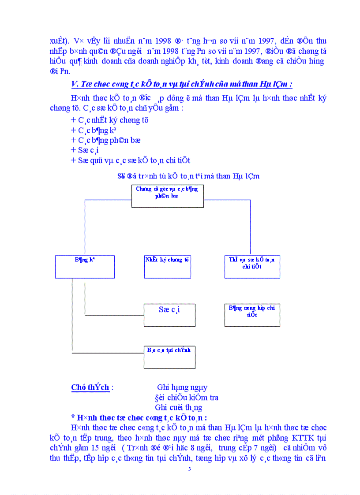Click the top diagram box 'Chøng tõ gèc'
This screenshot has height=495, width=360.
click(167, 196)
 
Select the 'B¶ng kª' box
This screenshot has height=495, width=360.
click(85, 267)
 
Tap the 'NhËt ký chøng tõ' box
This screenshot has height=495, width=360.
click(167, 267)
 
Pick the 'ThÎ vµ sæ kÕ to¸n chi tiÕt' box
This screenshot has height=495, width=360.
click(252, 267)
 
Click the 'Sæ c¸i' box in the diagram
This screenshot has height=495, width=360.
click(169, 315)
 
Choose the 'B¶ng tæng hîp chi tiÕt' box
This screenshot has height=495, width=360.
click(252, 315)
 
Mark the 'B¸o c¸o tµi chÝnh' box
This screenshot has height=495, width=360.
click(169, 357)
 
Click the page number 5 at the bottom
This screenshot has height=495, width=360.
click(189, 469)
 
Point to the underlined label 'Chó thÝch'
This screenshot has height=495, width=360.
click(90, 387)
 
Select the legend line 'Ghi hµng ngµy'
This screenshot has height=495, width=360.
click(182, 387)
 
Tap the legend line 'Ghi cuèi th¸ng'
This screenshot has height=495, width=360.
click(179, 407)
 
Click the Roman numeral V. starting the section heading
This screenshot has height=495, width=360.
click(75, 84)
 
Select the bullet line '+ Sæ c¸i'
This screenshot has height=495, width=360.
click(85, 150)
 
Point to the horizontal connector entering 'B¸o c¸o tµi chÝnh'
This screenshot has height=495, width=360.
click(108, 353)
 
